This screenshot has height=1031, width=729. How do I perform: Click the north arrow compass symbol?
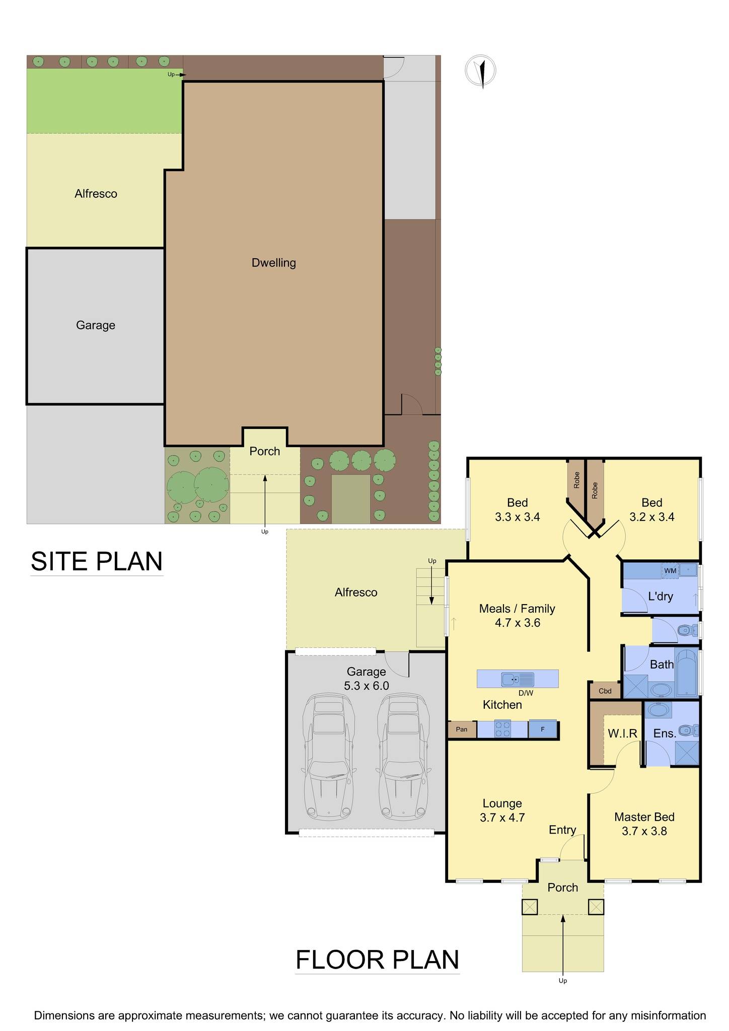[481, 71]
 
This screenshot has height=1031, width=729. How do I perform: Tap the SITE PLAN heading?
[97, 561]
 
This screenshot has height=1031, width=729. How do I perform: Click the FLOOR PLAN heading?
[378, 960]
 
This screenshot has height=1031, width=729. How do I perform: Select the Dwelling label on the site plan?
[274, 263]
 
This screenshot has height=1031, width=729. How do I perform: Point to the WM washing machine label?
[670, 571]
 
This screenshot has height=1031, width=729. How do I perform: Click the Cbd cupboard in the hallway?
[605, 691]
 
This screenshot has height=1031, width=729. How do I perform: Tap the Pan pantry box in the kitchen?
[462, 729]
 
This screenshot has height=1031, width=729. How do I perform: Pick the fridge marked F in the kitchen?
[543, 729]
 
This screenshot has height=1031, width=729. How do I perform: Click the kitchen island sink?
[518, 680]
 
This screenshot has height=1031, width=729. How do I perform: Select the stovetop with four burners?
[503, 729]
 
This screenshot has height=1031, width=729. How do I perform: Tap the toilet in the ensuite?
[687, 730]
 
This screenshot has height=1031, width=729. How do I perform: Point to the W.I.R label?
[623, 733]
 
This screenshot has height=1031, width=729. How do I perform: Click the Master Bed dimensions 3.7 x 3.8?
[644, 831]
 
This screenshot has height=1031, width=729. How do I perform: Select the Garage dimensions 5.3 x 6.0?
[367, 686]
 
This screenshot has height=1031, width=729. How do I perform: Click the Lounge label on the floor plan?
[502, 803]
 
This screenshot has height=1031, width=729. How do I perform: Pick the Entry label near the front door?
[562, 830]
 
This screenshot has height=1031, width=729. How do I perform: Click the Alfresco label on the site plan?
[96, 194]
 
